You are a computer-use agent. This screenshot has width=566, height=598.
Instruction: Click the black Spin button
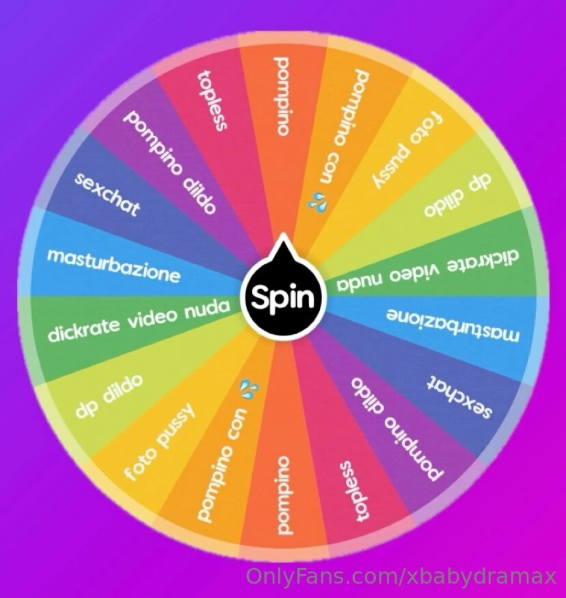[x=282, y=298]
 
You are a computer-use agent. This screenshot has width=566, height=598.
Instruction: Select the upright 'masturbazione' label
[x=114, y=265]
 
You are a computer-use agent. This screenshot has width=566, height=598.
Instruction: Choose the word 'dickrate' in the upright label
[x=84, y=329]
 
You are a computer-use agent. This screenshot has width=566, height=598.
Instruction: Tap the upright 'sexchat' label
[x=107, y=194]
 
